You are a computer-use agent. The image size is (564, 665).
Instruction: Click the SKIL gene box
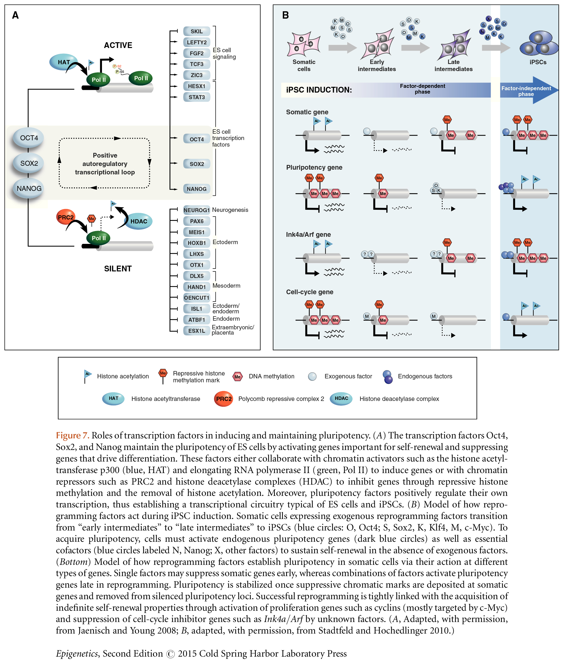(x=197, y=31)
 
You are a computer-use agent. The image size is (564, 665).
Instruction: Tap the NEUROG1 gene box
(x=196, y=210)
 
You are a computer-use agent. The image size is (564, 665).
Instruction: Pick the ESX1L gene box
(x=196, y=331)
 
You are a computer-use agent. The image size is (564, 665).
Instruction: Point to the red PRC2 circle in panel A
(x=66, y=217)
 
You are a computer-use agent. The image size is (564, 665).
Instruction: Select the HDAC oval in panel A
(x=139, y=221)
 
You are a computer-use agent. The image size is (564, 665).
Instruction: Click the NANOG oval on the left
(x=29, y=188)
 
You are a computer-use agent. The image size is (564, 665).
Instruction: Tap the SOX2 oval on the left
(x=29, y=163)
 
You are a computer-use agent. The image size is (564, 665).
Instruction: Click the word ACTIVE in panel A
(x=118, y=45)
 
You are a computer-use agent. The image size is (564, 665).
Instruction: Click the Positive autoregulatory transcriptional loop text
(x=105, y=164)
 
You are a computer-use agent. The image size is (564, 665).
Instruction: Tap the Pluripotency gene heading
(x=314, y=167)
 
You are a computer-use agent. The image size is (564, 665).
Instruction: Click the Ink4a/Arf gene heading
(x=308, y=234)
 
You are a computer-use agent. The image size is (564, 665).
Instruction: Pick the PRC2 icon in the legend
(x=224, y=399)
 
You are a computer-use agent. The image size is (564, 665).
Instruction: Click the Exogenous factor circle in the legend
(x=312, y=377)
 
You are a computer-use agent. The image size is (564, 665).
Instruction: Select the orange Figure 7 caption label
(x=72, y=435)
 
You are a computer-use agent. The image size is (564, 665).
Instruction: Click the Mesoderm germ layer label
(x=226, y=286)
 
